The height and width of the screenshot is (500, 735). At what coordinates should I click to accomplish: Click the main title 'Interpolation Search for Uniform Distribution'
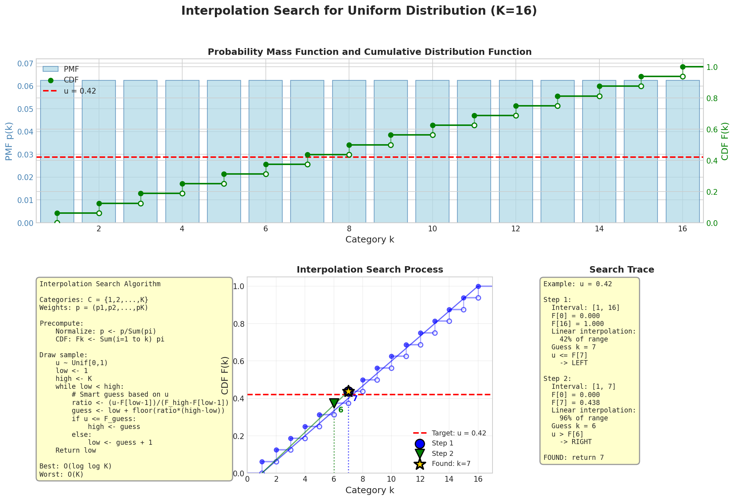click(x=359, y=11)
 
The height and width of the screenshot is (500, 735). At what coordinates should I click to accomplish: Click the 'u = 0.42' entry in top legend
click(x=80, y=91)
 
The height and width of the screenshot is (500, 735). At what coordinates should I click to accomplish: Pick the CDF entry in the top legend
click(x=71, y=80)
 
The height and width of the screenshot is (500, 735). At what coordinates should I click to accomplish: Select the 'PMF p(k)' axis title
click(x=9, y=141)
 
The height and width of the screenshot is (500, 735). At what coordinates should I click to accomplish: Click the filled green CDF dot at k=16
click(x=683, y=67)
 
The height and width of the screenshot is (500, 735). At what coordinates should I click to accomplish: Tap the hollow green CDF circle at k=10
click(x=433, y=135)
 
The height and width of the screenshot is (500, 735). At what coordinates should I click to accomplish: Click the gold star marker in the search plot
click(x=348, y=391)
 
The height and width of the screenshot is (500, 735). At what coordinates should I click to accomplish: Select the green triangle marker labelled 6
click(x=334, y=403)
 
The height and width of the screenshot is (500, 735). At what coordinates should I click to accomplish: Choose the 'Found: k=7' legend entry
click(x=451, y=464)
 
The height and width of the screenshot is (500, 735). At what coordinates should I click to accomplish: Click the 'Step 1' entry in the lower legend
click(x=443, y=443)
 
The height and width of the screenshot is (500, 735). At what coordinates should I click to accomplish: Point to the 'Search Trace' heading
click(x=621, y=270)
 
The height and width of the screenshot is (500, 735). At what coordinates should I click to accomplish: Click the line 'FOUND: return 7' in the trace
click(x=574, y=458)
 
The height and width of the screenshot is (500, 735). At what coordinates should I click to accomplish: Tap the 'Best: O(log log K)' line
click(x=76, y=466)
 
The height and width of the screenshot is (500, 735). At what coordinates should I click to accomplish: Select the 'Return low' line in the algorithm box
click(x=76, y=450)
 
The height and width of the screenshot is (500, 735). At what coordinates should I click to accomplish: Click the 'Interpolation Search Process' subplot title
click(x=369, y=270)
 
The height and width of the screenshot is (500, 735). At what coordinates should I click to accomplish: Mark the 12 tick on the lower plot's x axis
click(x=420, y=480)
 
